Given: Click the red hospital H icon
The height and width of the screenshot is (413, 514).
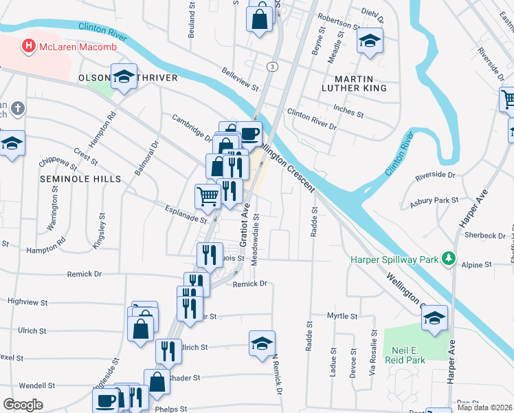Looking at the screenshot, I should click(x=29, y=46).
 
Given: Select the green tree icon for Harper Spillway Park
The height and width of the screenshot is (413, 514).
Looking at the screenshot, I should click(x=449, y=258).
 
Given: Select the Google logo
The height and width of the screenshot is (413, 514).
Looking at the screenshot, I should click(x=23, y=405).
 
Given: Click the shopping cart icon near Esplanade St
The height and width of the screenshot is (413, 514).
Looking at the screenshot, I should click(x=208, y=195).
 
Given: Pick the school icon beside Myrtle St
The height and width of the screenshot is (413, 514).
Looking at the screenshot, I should click(x=435, y=318).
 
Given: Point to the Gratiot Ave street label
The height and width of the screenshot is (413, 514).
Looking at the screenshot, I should click(x=244, y=227).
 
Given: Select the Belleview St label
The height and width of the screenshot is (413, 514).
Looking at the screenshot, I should click(x=239, y=79).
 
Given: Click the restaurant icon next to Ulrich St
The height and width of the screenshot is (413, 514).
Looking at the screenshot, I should click(x=168, y=351).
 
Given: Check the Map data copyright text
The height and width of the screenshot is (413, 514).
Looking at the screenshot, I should click(x=484, y=407).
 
